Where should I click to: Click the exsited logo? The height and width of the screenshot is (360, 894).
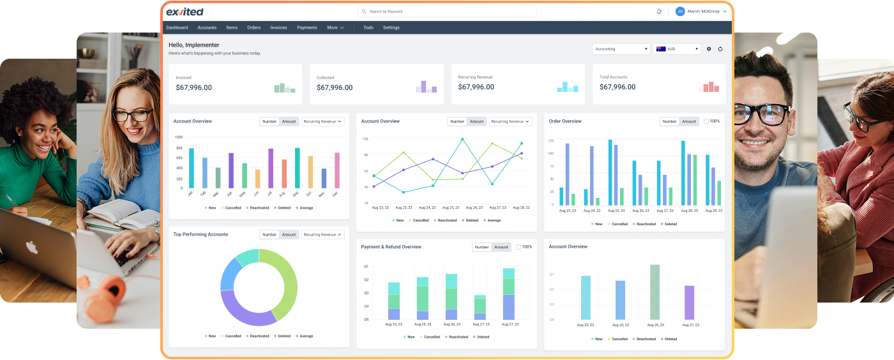[x=185, y=11]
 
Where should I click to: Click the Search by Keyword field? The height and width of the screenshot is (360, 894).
[x=447, y=11]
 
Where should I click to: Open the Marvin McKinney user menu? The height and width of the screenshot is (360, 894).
[x=701, y=11]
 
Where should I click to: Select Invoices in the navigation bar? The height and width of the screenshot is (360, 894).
[x=278, y=27]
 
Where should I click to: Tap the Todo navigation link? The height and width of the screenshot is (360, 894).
[x=368, y=27]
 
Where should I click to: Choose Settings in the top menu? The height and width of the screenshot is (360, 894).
[x=391, y=27]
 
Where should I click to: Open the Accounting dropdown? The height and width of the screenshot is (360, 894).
[x=621, y=49]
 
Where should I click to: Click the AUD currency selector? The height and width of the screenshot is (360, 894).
[x=677, y=49]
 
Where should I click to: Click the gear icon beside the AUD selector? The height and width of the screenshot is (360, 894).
[x=709, y=49]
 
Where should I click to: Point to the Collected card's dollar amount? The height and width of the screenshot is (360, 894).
[x=334, y=87]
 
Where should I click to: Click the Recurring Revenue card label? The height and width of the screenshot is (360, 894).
[x=475, y=77]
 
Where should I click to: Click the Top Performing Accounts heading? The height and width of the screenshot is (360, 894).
[x=201, y=234]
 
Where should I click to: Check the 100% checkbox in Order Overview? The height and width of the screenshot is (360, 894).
[x=706, y=121]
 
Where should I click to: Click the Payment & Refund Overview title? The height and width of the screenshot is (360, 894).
[x=391, y=247]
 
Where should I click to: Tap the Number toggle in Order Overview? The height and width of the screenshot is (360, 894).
[x=669, y=121]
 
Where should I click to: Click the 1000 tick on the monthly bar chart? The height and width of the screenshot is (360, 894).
[x=178, y=137]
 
